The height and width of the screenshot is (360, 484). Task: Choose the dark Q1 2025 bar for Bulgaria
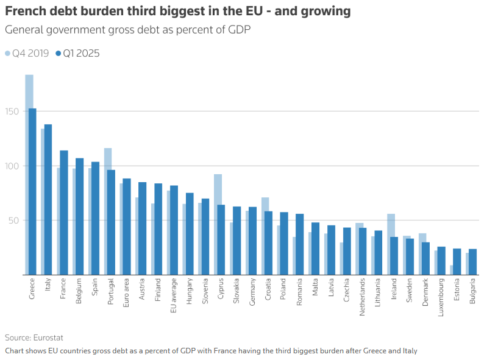[x=473, y=262]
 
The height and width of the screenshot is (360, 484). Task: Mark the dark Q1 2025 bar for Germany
[x=253, y=241]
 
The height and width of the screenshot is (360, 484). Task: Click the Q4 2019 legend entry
[x=27, y=54]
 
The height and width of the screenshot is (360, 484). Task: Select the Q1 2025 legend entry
[x=77, y=54]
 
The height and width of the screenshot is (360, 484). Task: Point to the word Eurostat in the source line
[x=48, y=337]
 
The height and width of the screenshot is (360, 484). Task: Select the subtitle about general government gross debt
[x=127, y=30]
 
